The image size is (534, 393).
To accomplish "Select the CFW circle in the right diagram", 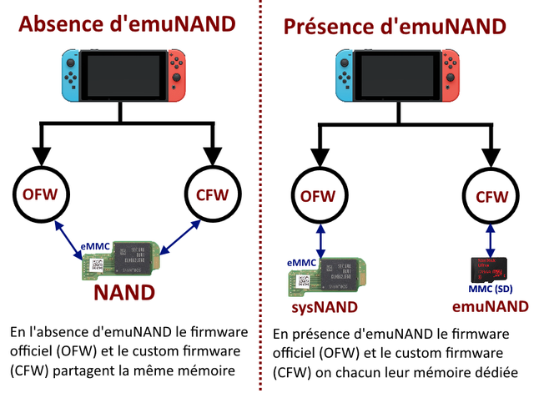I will point(490,197).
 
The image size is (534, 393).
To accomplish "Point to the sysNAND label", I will point(324,307).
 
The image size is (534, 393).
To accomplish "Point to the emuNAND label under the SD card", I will point(491,307).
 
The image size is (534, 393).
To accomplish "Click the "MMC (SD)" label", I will point(491,290).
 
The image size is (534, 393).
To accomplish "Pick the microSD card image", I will point(491,269).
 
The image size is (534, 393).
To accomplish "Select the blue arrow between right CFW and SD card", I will point(491,239).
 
